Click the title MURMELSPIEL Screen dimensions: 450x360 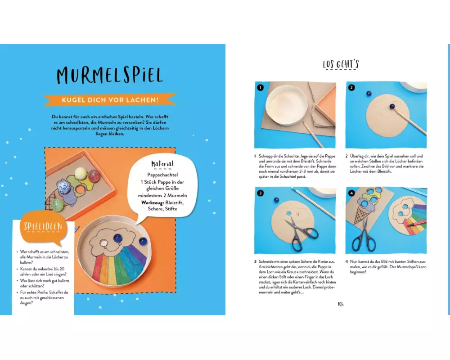[110, 76]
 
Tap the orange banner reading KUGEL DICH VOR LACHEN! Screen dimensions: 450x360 [110, 100]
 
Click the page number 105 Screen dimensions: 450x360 [341, 304]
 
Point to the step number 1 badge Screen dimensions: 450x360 [260, 88]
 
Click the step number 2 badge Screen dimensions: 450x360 [351, 88]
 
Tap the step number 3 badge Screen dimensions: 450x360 [260, 193]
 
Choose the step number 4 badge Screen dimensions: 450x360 [351, 193]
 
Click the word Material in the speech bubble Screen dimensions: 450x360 [162, 164]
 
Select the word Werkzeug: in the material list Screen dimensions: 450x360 [153, 202]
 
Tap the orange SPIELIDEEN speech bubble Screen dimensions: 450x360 [43, 227]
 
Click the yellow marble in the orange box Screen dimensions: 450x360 [81, 174]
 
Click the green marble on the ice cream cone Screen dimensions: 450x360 [58, 205]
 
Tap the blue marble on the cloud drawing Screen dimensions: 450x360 [117, 238]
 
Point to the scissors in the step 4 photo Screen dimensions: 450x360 [364, 237]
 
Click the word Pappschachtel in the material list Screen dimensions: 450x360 [162, 175]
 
